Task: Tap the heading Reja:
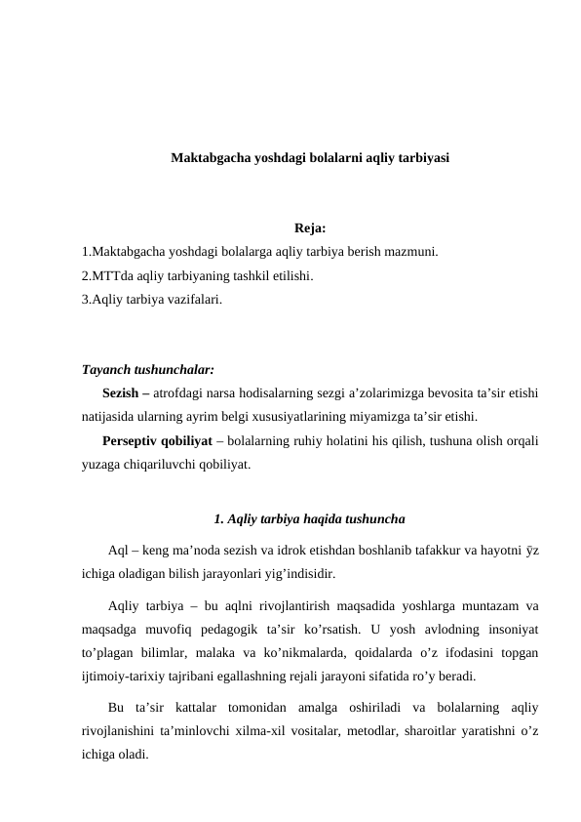click(x=309, y=230)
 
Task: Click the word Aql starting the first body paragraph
click(x=118, y=552)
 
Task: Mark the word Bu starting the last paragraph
click(x=117, y=709)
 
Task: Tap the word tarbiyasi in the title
click(x=421, y=157)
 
